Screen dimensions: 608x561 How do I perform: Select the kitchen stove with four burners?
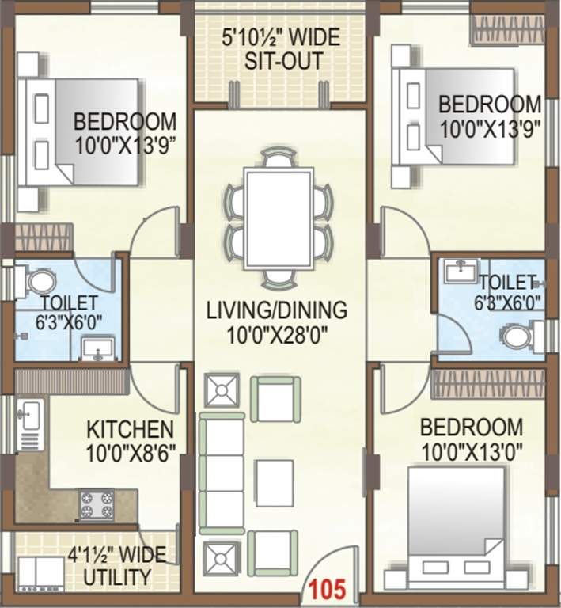coord(97,504)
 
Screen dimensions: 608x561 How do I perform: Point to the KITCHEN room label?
coord(130,430)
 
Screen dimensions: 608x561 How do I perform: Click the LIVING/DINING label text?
coord(276,309)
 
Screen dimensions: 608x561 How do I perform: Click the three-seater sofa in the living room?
coord(221,473)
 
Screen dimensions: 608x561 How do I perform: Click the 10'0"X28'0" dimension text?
coord(276,333)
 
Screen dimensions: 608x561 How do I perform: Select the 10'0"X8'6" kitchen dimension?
coord(130,454)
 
